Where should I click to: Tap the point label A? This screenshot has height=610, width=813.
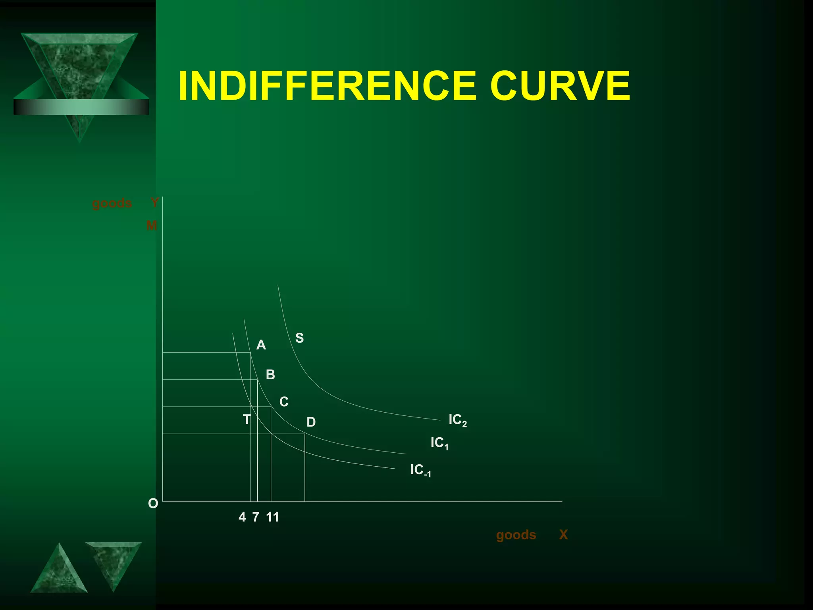(x=261, y=345)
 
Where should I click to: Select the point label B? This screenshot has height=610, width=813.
(x=270, y=374)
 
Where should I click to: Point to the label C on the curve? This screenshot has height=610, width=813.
(x=284, y=402)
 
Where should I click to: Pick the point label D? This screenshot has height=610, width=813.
(x=311, y=422)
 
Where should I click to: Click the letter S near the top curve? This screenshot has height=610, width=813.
(x=299, y=338)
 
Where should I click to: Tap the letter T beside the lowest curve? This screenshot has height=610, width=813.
(x=247, y=419)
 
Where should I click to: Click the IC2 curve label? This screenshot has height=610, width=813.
(x=457, y=420)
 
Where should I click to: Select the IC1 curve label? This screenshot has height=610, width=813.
(x=439, y=443)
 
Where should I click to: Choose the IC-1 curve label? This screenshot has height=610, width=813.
(x=420, y=470)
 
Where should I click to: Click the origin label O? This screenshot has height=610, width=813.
(x=153, y=504)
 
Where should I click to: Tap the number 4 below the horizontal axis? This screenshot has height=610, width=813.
(x=242, y=517)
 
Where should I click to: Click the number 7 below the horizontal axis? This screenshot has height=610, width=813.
(x=256, y=517)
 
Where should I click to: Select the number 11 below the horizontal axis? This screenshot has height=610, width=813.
(x=273, y=517)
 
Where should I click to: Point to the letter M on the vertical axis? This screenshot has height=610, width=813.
(x=152, y=226)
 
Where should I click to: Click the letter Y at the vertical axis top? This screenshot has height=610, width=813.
(x=154, y=203)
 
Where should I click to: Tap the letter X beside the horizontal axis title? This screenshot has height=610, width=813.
(x=563, y=535)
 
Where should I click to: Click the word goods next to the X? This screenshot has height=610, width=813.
(x=516, y=535)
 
